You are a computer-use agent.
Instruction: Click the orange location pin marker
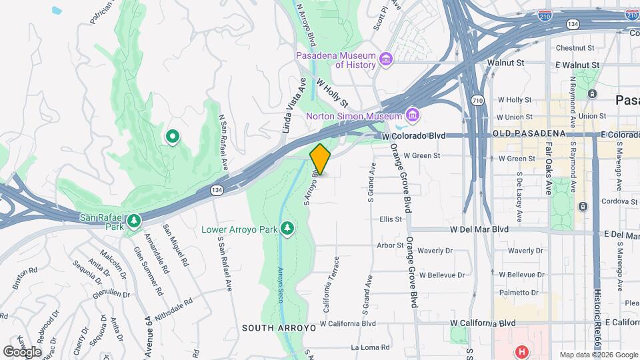tap(320, 159)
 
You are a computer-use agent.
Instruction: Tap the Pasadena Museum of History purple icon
tap(385, 61)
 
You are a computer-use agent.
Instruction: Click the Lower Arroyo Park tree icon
tap(288, 229)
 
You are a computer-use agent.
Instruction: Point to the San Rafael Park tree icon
tap(134, 220)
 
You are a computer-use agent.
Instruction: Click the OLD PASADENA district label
tap(529, 135)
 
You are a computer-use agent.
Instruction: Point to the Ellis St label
tap(391, 219)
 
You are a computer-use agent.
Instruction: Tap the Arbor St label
tap(391, 245)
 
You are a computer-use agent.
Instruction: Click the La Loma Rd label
tap(365, 347)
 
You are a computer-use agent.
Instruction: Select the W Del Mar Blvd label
tap(479, 229)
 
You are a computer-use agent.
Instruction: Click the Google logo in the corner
tap(23, 351)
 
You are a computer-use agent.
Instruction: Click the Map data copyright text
tap(598, 355)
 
